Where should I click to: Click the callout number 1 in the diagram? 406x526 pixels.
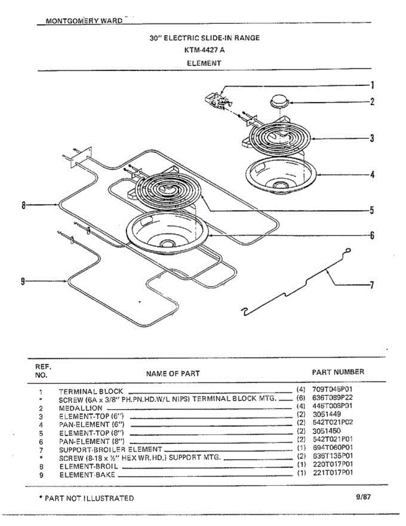click(x=372, y=85)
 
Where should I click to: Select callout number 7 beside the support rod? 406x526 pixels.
click(x=371, y=285)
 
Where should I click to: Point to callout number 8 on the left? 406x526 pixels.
click(x=24, y=205)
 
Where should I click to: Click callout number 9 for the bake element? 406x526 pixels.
click(x=23, y=281)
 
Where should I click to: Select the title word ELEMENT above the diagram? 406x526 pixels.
click(x=204, y=63)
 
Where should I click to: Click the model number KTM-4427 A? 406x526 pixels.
click(x=204, y=50)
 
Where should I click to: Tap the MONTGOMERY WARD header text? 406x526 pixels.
click(x=84, y=21)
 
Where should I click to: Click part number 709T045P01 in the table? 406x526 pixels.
click(x=332, y=389)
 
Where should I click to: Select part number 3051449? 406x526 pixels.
click(x=327, y=414)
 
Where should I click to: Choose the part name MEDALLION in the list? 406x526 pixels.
click(x=81, y=408)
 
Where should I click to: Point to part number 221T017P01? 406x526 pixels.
click(x=332, y=473)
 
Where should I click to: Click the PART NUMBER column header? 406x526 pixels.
click(x=338, y=372)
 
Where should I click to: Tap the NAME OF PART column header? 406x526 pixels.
click(x=173, y=373)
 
